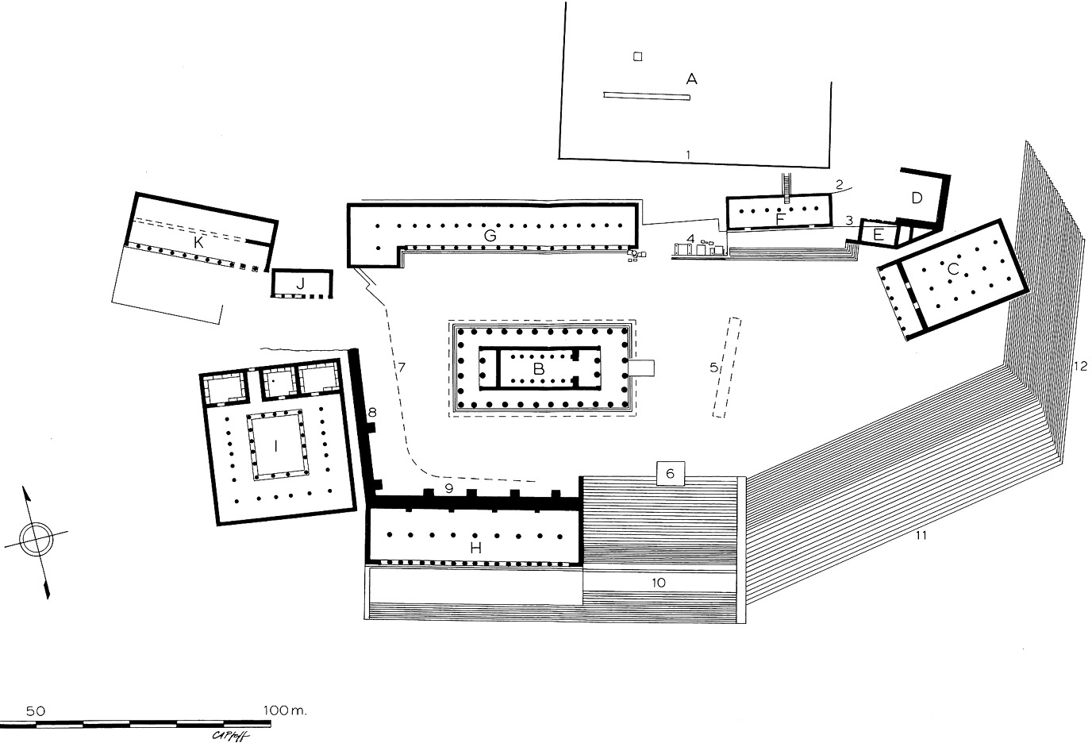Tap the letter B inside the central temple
(538, 368)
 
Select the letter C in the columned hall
(952, 270)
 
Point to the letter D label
(917, 198)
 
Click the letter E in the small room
(878, 234)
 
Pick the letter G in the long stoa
(490, 235)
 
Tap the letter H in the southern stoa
(475, 547)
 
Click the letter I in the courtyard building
(275, 445)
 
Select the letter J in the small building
(300, 283)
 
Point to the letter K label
(198, 242)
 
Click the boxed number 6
(670, 473)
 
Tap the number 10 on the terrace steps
(658, 582)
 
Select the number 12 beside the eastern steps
(1079, 366)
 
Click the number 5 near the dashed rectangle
(713, 367)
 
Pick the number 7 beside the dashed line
(402, 367)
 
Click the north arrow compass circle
(35, 541)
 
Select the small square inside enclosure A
(636, 56)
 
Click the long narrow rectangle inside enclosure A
(647, 96)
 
